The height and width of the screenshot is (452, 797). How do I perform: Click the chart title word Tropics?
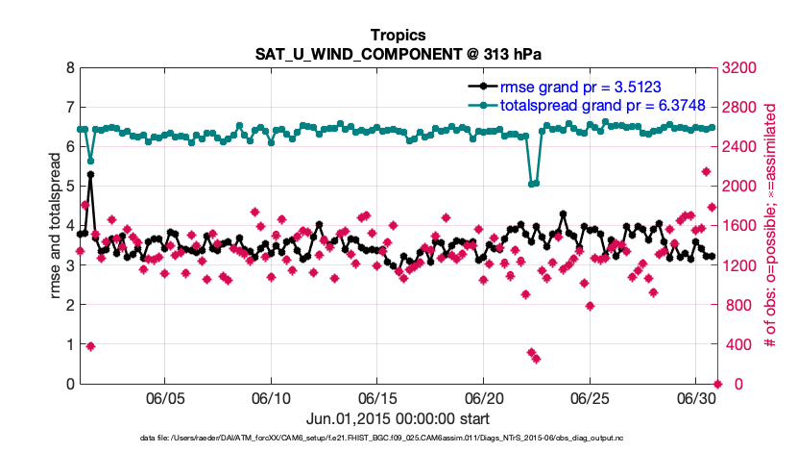click(398, 33)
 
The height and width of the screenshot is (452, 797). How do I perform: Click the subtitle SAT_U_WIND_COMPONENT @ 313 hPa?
click(398, 52)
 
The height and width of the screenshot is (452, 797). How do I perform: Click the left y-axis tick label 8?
click(70, 68)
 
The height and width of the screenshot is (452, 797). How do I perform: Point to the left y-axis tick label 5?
click(70, 187)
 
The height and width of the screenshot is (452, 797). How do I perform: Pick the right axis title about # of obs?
click(769, 226)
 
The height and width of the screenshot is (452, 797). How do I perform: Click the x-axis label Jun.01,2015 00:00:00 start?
click(398, 419)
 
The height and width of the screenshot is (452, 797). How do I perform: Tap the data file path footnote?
click(398, 439)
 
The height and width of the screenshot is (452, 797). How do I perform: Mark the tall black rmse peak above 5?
click(90, 175)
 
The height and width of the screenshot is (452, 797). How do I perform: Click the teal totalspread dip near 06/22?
click(534, 183)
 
